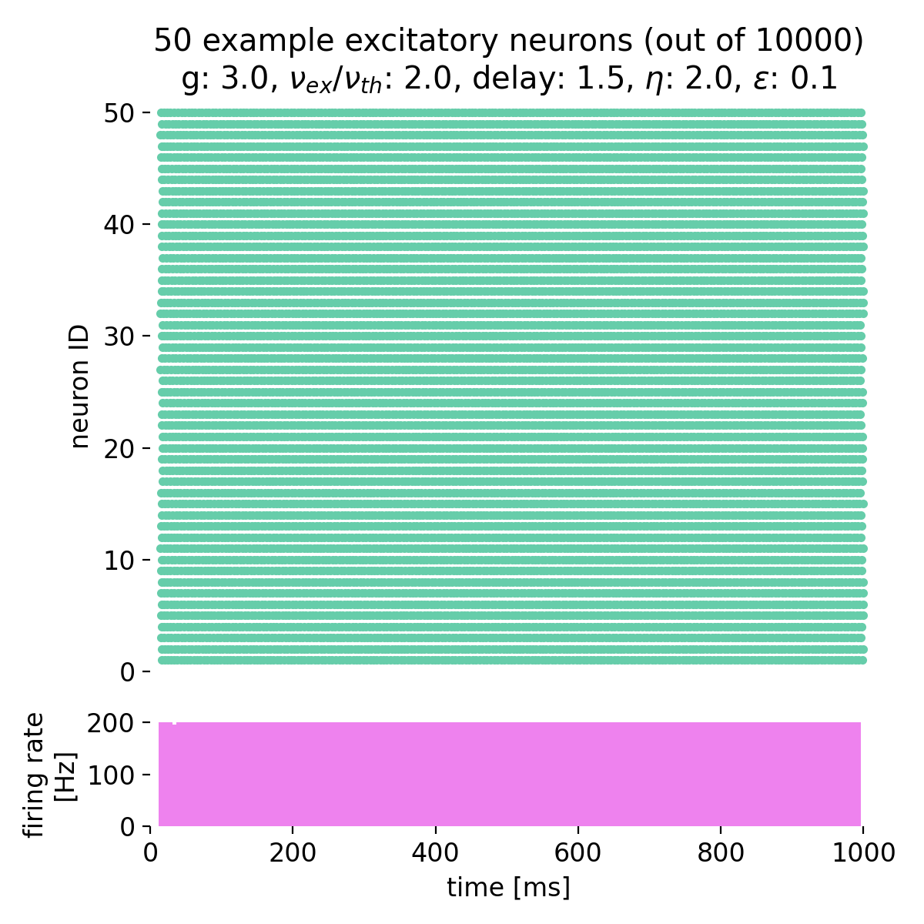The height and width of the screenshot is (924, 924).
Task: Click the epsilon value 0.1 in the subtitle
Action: click(x=817, y=79)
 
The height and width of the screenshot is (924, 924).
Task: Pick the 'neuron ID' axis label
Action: click(x=80, y=387)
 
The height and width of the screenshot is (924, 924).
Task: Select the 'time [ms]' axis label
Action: click(x=508, y=888)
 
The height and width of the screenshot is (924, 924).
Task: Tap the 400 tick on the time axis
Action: click(x=436, y=852)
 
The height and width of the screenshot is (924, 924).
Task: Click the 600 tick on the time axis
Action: click(x=578, y=852)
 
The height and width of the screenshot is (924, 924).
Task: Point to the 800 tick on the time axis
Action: click(x=721, y=852)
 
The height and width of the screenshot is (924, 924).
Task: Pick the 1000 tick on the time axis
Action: click(x=863, y=852)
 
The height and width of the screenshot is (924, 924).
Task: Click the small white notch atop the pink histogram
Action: click(x=175, y=723)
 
